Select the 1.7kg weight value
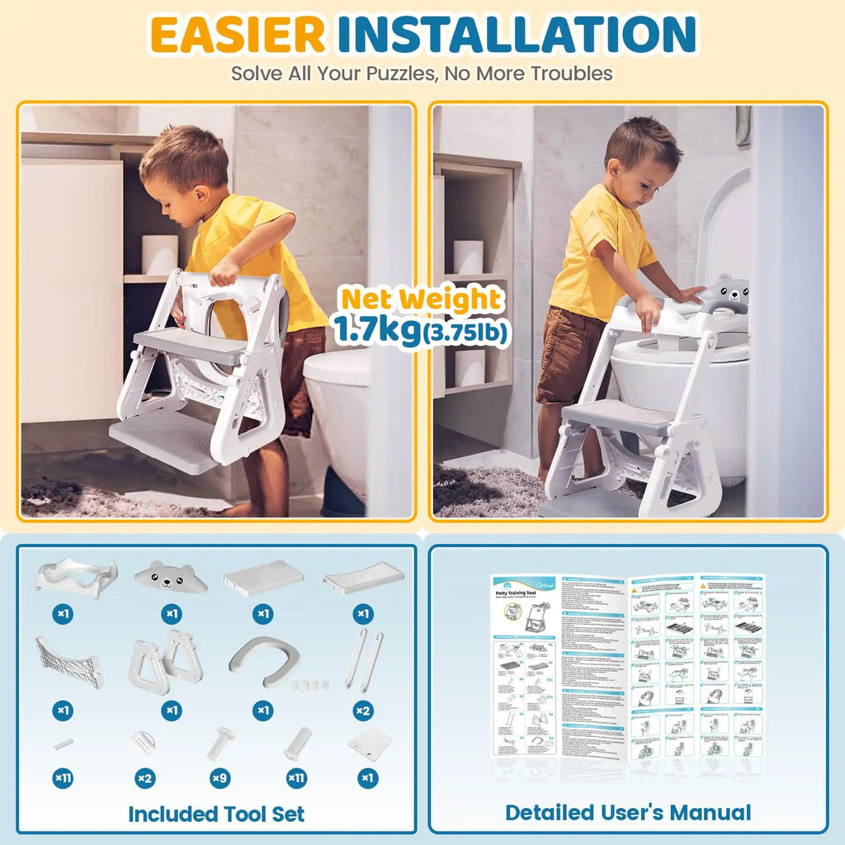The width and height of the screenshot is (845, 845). (x=376, y=328)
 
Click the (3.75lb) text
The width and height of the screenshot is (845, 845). (x=465, y=332)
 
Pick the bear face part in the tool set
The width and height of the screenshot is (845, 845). (x=171, y=576)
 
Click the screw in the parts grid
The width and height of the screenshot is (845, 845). (x=220, y=742)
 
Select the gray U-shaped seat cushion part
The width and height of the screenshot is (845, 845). (x=263, y=661)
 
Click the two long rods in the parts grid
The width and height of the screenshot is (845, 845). (x=363, y=658)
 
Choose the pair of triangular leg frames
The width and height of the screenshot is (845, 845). (x=166, y=661)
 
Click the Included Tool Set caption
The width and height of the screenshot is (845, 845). (x=216, y=814)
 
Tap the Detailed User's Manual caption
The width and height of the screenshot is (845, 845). (x=628, y=813)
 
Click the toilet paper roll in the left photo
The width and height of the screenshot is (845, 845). (x=159, y=255)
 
